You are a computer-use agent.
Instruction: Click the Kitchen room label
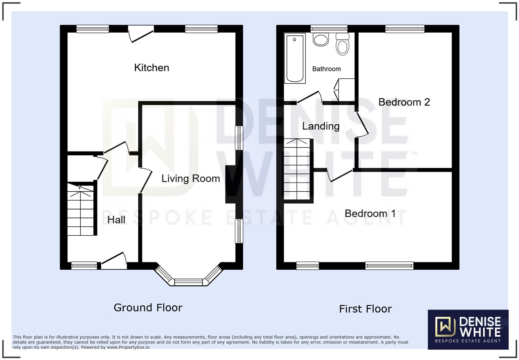[x=151, y=68]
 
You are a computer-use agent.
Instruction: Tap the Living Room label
[x=191, y=179]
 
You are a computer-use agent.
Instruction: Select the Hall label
[x=116, y=220]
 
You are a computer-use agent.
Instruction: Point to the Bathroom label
[x=326, y=69]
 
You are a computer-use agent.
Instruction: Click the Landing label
[x=321, y=126]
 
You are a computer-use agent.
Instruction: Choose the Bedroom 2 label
[x=404, y=102]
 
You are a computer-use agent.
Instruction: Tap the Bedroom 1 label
[x=370, y=214]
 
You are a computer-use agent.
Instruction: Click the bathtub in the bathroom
[x=295, y=58]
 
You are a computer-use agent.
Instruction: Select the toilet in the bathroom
[x=342, y=44]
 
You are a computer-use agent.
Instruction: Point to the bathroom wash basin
[x=321, y=39]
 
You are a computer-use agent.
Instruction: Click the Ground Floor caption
[x=148, y=307]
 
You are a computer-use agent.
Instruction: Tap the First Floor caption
[x=365, y=309]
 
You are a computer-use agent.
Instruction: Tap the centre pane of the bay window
[x=188, y=282]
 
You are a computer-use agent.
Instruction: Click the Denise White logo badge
[x=468, y=329]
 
